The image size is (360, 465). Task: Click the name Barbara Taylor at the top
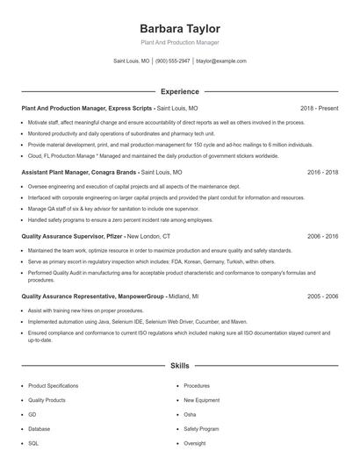point(179,28)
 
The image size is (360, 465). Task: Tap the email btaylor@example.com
point(221,61)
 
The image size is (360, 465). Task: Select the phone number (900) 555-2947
point(172,61)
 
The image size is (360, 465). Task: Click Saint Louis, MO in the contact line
point(132,61)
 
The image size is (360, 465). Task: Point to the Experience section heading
point(179,91)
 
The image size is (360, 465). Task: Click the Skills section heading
point(179,364)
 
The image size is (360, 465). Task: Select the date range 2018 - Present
point(319,108)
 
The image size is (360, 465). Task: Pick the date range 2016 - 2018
point(322,173)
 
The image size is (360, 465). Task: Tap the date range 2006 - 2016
point(322,237)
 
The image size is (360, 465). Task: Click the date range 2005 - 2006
point(322,297)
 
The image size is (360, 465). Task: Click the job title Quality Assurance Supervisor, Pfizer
point(72,237)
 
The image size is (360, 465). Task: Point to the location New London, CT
point(148,237)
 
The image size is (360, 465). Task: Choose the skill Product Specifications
point(53,385)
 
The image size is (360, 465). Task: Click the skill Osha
point(190,414)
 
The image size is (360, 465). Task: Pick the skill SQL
point(33,443)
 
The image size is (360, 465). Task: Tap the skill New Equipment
point(201,400)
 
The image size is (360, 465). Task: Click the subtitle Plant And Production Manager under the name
point(179,42)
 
